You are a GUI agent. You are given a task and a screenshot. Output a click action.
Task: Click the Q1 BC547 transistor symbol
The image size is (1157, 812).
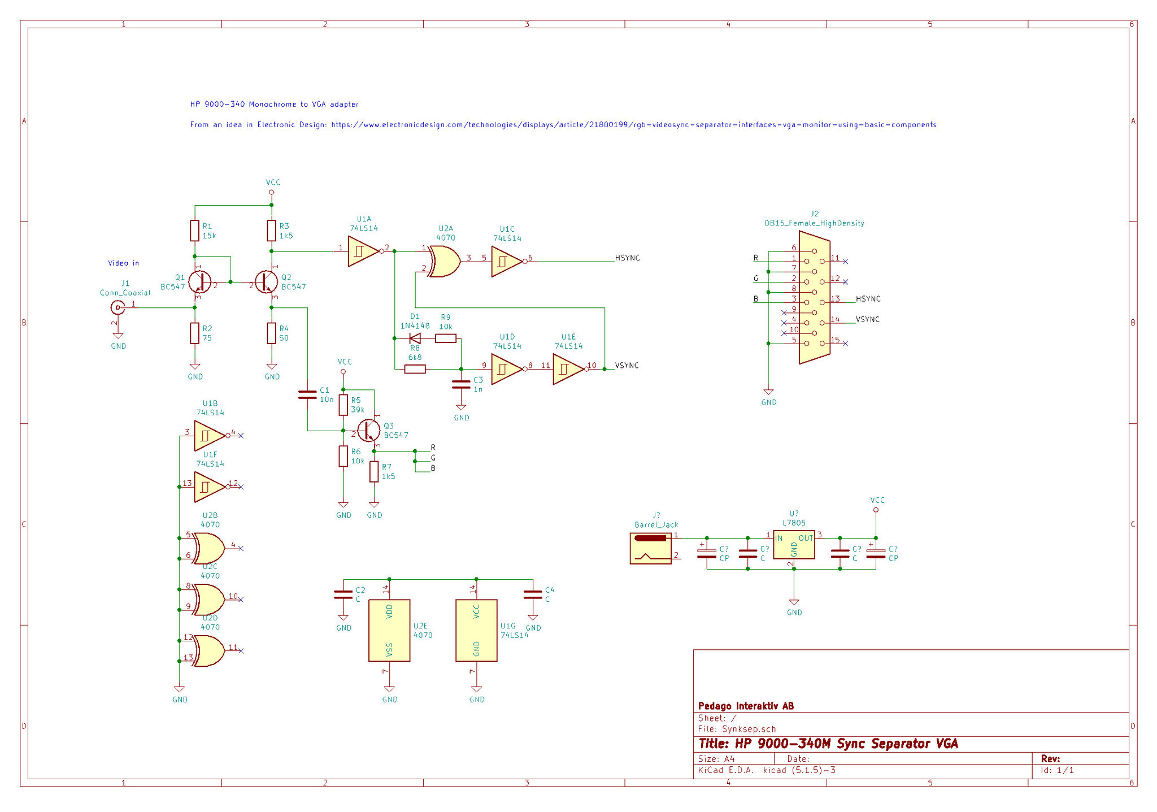tap(199, 281)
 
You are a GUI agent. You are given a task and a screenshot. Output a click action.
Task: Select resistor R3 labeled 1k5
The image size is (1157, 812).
tap(272, 231)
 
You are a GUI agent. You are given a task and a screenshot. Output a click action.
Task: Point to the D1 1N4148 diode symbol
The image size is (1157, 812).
tap(415, 338)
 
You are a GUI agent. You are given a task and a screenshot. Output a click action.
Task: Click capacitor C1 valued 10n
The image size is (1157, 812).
tap(307, 394)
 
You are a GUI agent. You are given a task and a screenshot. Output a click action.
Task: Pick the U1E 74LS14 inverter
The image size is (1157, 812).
tap(568, 369)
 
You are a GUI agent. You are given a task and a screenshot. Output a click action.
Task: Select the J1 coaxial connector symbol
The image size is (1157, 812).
tap(118, 307)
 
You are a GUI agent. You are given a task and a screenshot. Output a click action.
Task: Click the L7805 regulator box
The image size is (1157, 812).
tap(794, 544)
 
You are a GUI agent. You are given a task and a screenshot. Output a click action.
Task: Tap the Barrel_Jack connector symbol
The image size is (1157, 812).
tap(651, 548)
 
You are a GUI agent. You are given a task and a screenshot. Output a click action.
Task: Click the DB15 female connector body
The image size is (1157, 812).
tap(814, 297)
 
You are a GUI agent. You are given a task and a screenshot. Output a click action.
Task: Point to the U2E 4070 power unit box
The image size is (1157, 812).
tap(389, 630)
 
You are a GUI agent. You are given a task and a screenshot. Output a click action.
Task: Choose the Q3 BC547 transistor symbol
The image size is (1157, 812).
tap(369, 431)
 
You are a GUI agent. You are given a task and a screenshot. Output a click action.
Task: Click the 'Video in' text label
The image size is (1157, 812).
tap(123, 263)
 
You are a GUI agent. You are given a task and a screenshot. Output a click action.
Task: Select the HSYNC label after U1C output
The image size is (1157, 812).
tap(627, 258)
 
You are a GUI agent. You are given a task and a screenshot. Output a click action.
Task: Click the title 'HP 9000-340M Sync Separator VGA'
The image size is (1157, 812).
tap(828, 744)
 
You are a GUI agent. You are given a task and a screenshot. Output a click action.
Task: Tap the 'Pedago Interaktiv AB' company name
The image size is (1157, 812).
tap(746, 706)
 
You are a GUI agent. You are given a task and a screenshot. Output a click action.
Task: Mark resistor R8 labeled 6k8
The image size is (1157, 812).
tap(415, 369)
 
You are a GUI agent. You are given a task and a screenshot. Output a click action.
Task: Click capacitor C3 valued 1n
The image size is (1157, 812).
tap(461, 384)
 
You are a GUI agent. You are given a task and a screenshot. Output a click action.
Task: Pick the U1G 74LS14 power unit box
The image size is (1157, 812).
tap(476, 630)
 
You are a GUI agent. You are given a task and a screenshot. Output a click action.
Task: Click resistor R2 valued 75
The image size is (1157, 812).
tap(195, 333)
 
